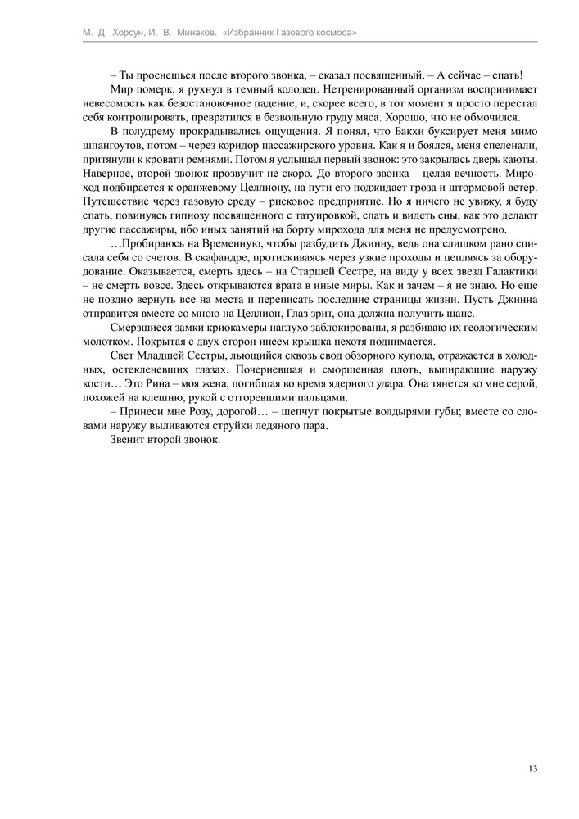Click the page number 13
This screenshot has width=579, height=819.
click(533, 768)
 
